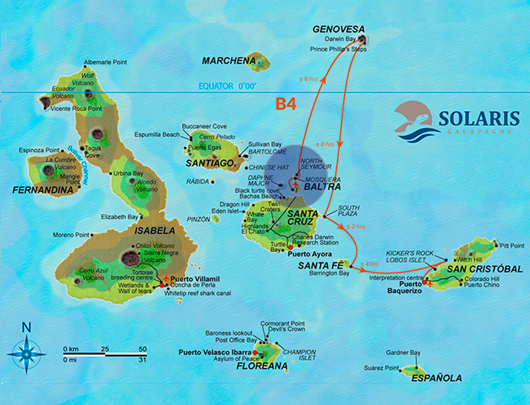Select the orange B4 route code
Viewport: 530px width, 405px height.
pyautogui.click(x=286, y=104)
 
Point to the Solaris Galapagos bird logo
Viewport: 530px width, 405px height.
pyautogui.click(x=416, y=119)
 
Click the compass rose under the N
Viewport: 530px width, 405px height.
pyautogui.click(x=26, y=354)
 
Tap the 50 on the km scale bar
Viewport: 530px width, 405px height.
pyautogui.click(x=143, y=349)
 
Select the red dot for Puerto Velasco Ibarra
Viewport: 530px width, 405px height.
pyautogui.click(x=255, y=352)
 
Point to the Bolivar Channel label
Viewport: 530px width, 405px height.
pyautogui.click(x=78, y=165)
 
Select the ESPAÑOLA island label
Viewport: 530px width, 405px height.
pyautogui.click(x=438, y=378)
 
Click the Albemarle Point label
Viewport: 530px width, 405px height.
pyautogui.click(x=105, y=63)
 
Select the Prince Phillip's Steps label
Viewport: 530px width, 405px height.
pyautogui.click(x=338, y=49)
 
